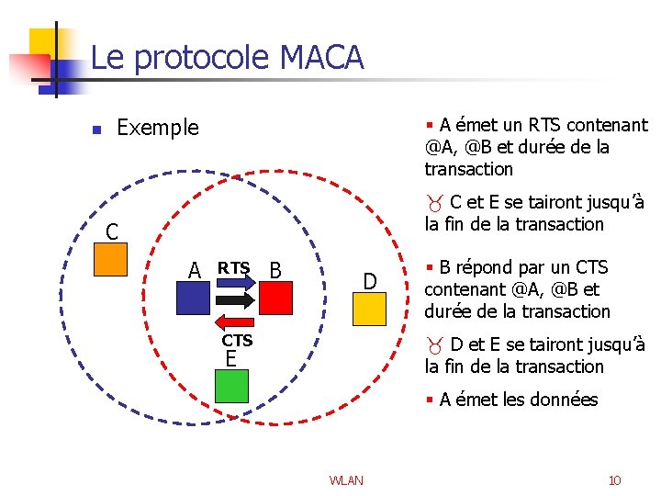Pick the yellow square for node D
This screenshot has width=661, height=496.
pos(369,308)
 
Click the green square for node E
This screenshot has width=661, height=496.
pos(231,386)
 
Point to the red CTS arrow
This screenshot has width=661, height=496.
pos(237,321)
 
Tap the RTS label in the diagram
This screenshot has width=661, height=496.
pos(233,267)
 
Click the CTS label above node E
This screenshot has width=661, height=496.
pos(237,341)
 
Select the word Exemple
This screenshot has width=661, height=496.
pos(158,128)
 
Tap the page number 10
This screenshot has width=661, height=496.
pos(614,480)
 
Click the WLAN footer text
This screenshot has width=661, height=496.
pos(346,480)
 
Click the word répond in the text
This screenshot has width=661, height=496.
pos(483,267)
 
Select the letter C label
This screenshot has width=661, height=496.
pos(111,231)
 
